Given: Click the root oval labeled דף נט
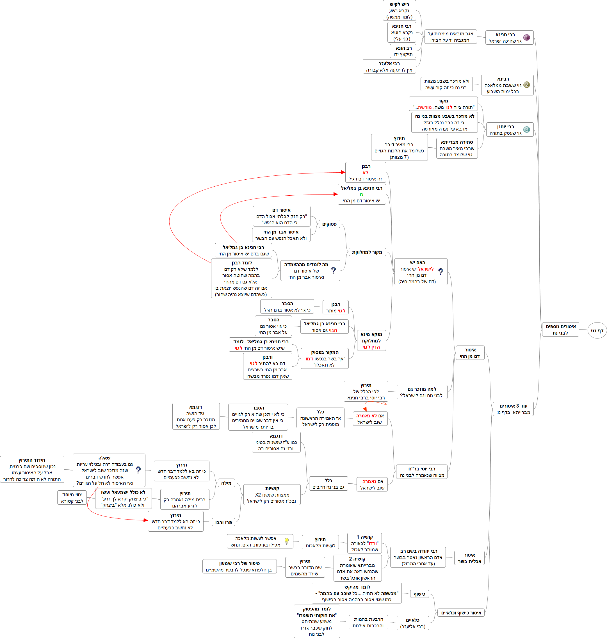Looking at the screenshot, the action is (x=597, y=330).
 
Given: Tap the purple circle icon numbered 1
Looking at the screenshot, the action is (x=526, y=38).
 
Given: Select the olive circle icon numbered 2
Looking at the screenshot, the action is (x=526, y=85).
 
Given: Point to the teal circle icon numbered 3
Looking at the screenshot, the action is (x=526, y=129).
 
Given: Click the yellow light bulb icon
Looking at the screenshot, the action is (x=286, y=541).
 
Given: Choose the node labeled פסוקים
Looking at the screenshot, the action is (x=329, y=224).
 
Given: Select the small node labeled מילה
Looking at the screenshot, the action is (x=226, y=483).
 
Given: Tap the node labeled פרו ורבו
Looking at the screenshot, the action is (x=223, y=522).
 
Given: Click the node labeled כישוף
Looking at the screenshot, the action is (x=419, y=594).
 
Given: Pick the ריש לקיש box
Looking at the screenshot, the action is (x=399, y=11).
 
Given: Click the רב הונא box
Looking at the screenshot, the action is (x=403, y=51).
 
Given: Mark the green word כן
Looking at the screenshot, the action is (x=361, y=195).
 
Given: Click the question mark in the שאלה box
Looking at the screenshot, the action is (x=138, y=470).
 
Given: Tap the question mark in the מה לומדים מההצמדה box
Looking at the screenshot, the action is (x=333, y=270).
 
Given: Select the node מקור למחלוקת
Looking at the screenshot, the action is (x=367, y=252).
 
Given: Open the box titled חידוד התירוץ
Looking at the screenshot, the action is (x=32, y=469).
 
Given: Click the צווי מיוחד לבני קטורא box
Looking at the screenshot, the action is (x=72, y=498).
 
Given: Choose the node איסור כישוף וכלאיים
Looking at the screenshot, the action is (x=461, y=613).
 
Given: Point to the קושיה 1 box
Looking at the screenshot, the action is (x=364, y=543).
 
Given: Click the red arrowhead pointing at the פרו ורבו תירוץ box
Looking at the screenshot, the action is (x=146, y=520).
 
